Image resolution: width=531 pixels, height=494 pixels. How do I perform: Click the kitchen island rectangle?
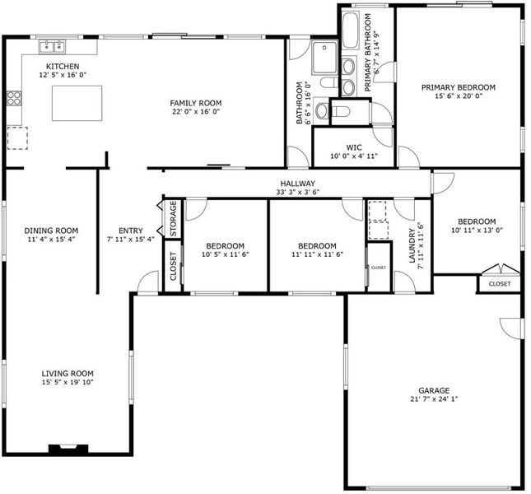[x=77, y=103]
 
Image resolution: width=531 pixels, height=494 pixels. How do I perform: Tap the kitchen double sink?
[x=52, y=46]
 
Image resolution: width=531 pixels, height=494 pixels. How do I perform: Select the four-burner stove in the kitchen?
[x=14, y=98]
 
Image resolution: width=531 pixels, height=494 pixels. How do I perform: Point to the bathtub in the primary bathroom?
[x=351, y=30]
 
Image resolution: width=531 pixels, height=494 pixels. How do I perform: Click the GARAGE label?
[x=434, y=390]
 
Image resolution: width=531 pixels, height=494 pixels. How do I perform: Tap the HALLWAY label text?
[x=298, y=184]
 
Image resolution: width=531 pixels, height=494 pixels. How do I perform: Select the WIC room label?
[x=354, y=147]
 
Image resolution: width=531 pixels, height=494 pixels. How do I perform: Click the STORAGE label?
[x=173, y=219]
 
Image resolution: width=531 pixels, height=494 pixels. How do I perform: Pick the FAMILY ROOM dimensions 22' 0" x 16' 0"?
[x=196, y=112]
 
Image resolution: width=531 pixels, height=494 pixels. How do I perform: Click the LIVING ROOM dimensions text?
[x=68, y=382]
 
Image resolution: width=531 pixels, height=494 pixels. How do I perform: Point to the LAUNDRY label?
[x=412, y=245]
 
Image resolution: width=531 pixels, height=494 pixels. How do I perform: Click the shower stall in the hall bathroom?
[x=324, y=57]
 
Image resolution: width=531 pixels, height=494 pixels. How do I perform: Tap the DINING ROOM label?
[x=51, y=231]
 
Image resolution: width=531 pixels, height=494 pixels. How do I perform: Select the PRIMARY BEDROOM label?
[x=459, y=87]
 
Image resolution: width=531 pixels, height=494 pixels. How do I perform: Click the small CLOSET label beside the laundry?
[x=379, y=268]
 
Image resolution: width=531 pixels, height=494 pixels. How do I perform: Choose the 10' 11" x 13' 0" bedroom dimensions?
[x=477, y=231]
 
